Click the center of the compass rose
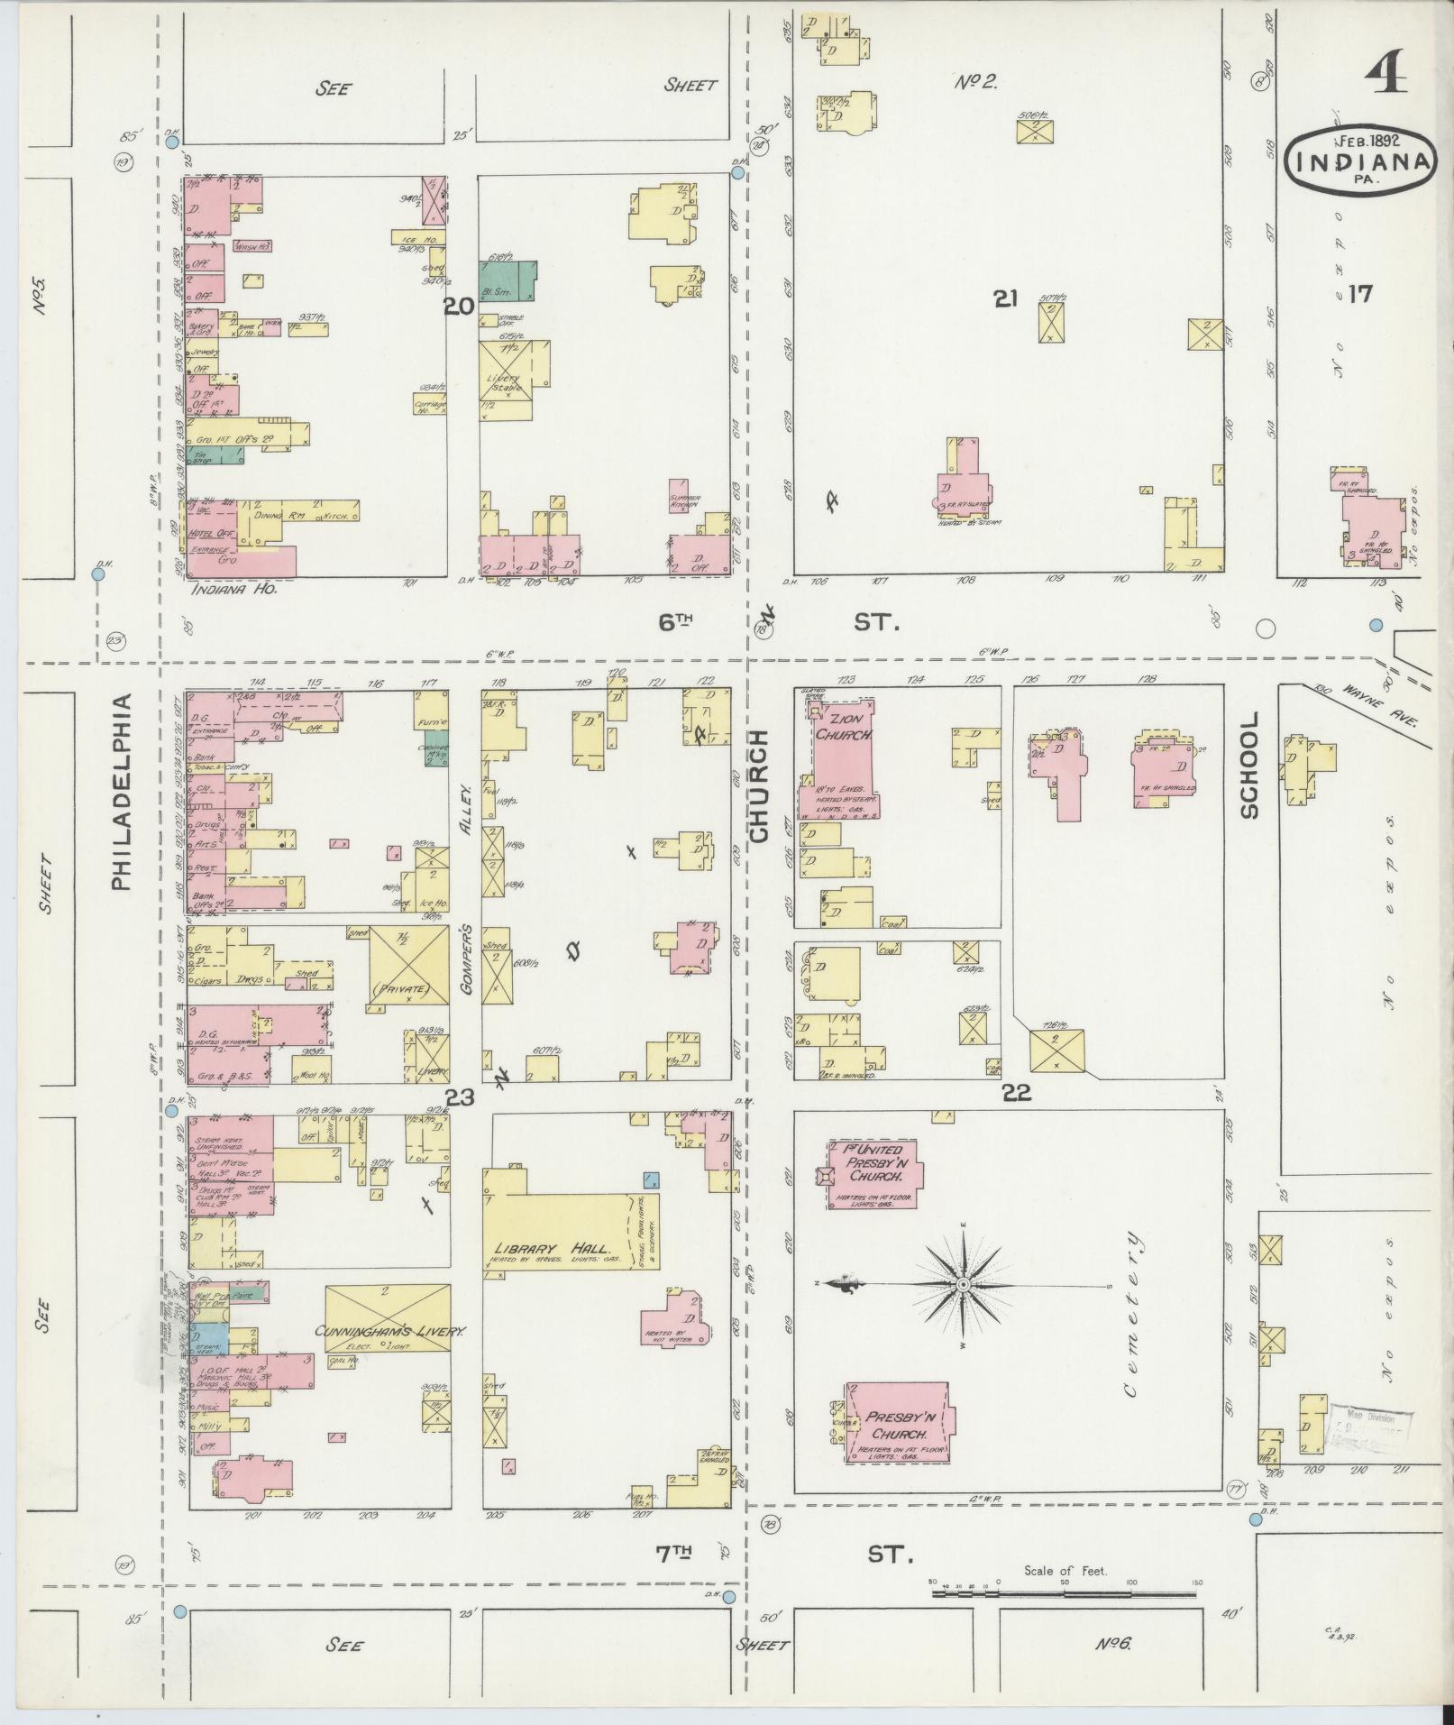[x=962, y=1283]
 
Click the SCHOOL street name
[x=1248, y=766]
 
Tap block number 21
[x=1006, y=300]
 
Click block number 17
[x=1358, y=294]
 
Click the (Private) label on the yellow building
[x=408, y=989]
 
